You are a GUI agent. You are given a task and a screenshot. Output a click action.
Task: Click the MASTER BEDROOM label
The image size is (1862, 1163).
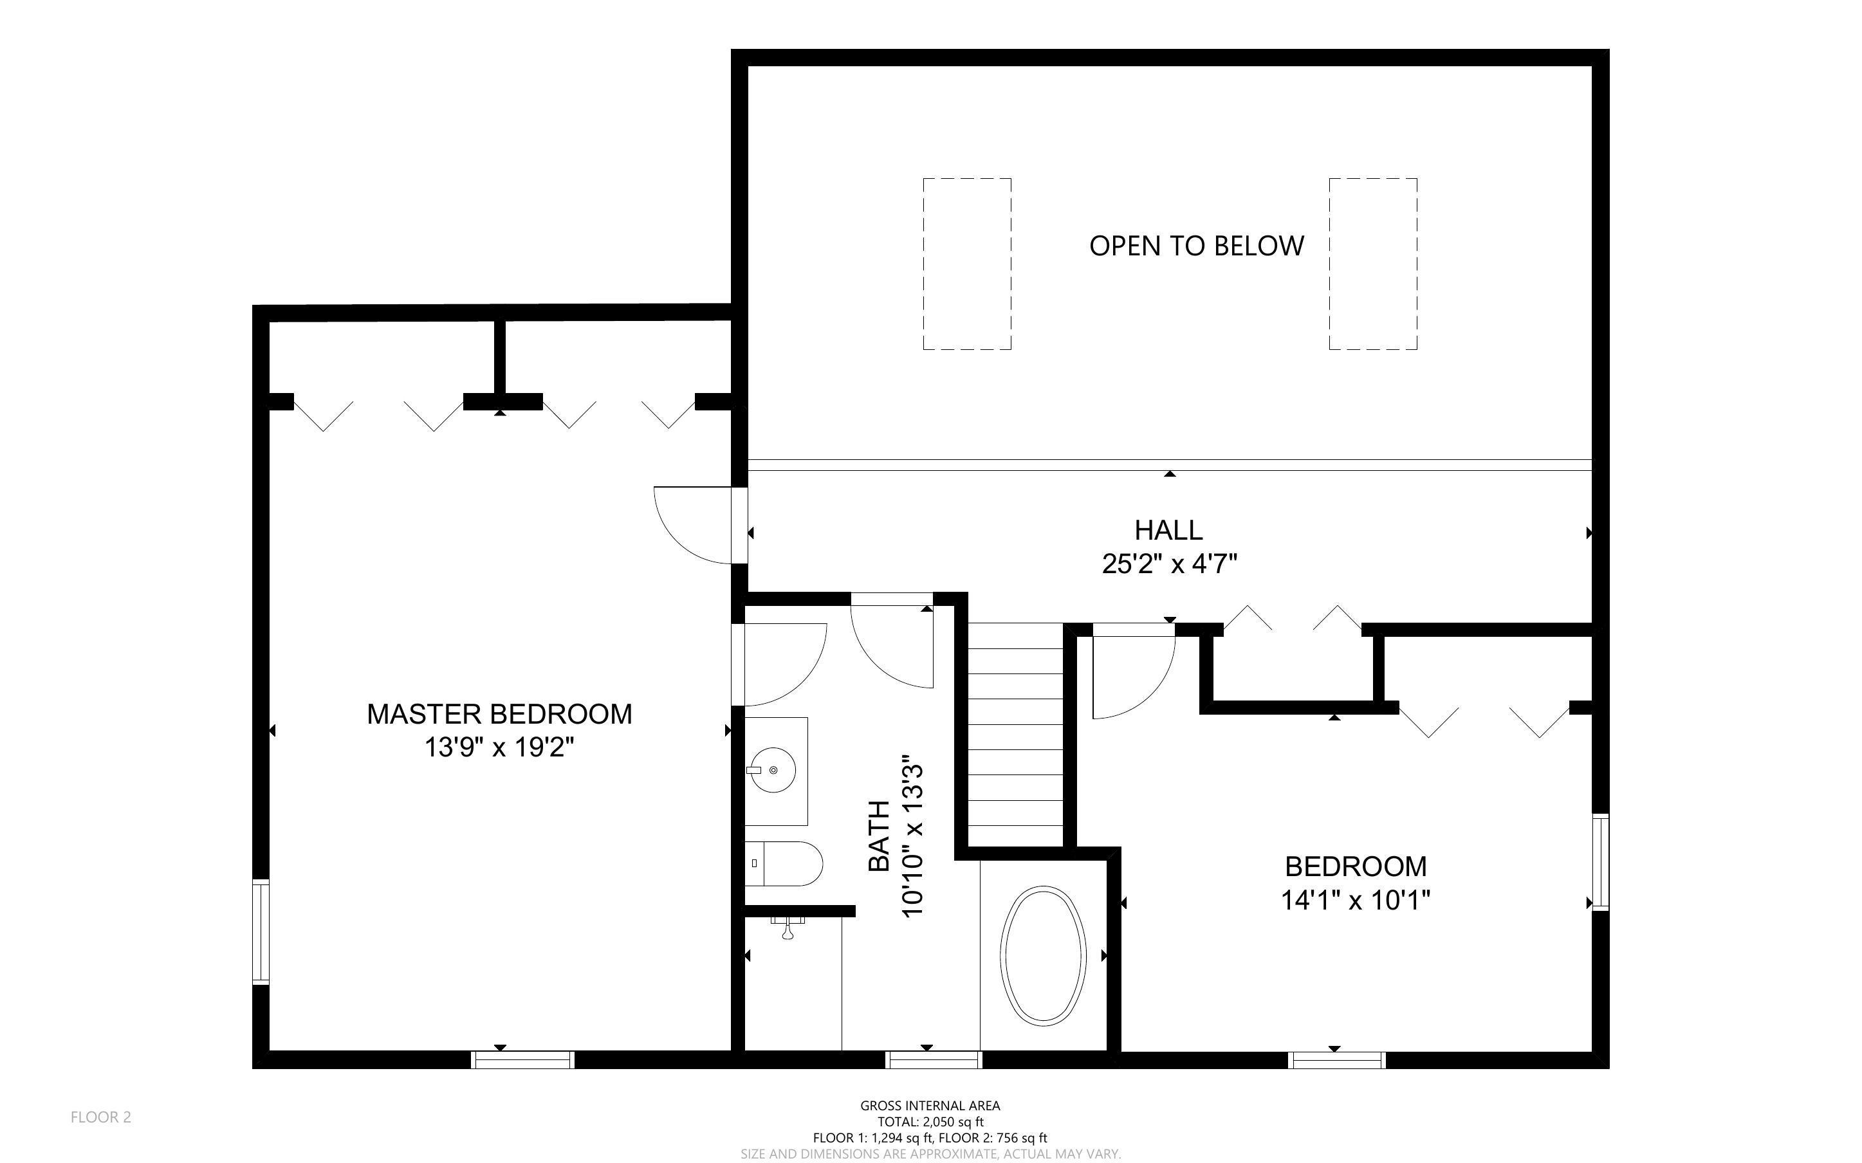tap(499, 714)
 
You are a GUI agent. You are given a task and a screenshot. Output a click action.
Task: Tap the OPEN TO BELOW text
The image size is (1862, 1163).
tap(1197, 246)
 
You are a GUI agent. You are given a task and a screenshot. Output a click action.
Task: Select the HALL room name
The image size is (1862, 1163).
tap(1168, 530)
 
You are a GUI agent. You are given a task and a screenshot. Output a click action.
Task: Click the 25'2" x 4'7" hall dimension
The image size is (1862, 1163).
tap(1169, 565)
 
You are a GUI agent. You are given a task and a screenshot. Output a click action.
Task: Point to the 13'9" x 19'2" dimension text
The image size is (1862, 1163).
tap(499, 747)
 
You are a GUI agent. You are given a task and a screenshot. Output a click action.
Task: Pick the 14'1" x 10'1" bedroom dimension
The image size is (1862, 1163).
tap(1355, 899)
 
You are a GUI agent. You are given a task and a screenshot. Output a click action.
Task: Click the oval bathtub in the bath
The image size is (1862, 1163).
tap(1043, 955)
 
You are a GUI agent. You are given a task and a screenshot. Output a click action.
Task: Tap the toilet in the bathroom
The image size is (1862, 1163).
tap(784, 863)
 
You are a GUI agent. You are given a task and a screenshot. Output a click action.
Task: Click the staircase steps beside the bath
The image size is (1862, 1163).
tap(1015, 735)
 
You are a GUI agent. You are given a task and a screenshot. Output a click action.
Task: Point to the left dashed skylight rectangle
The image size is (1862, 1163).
tap(967, 264)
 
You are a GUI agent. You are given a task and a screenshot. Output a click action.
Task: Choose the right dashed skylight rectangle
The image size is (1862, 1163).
tap(1373, 264)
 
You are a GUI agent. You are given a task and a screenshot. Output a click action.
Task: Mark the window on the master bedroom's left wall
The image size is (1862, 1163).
tap(261, 931)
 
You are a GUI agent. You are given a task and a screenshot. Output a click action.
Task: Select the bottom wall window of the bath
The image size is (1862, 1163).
tap(934, 1060)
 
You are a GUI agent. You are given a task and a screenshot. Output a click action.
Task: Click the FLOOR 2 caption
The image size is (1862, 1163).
tap(101, 1117)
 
